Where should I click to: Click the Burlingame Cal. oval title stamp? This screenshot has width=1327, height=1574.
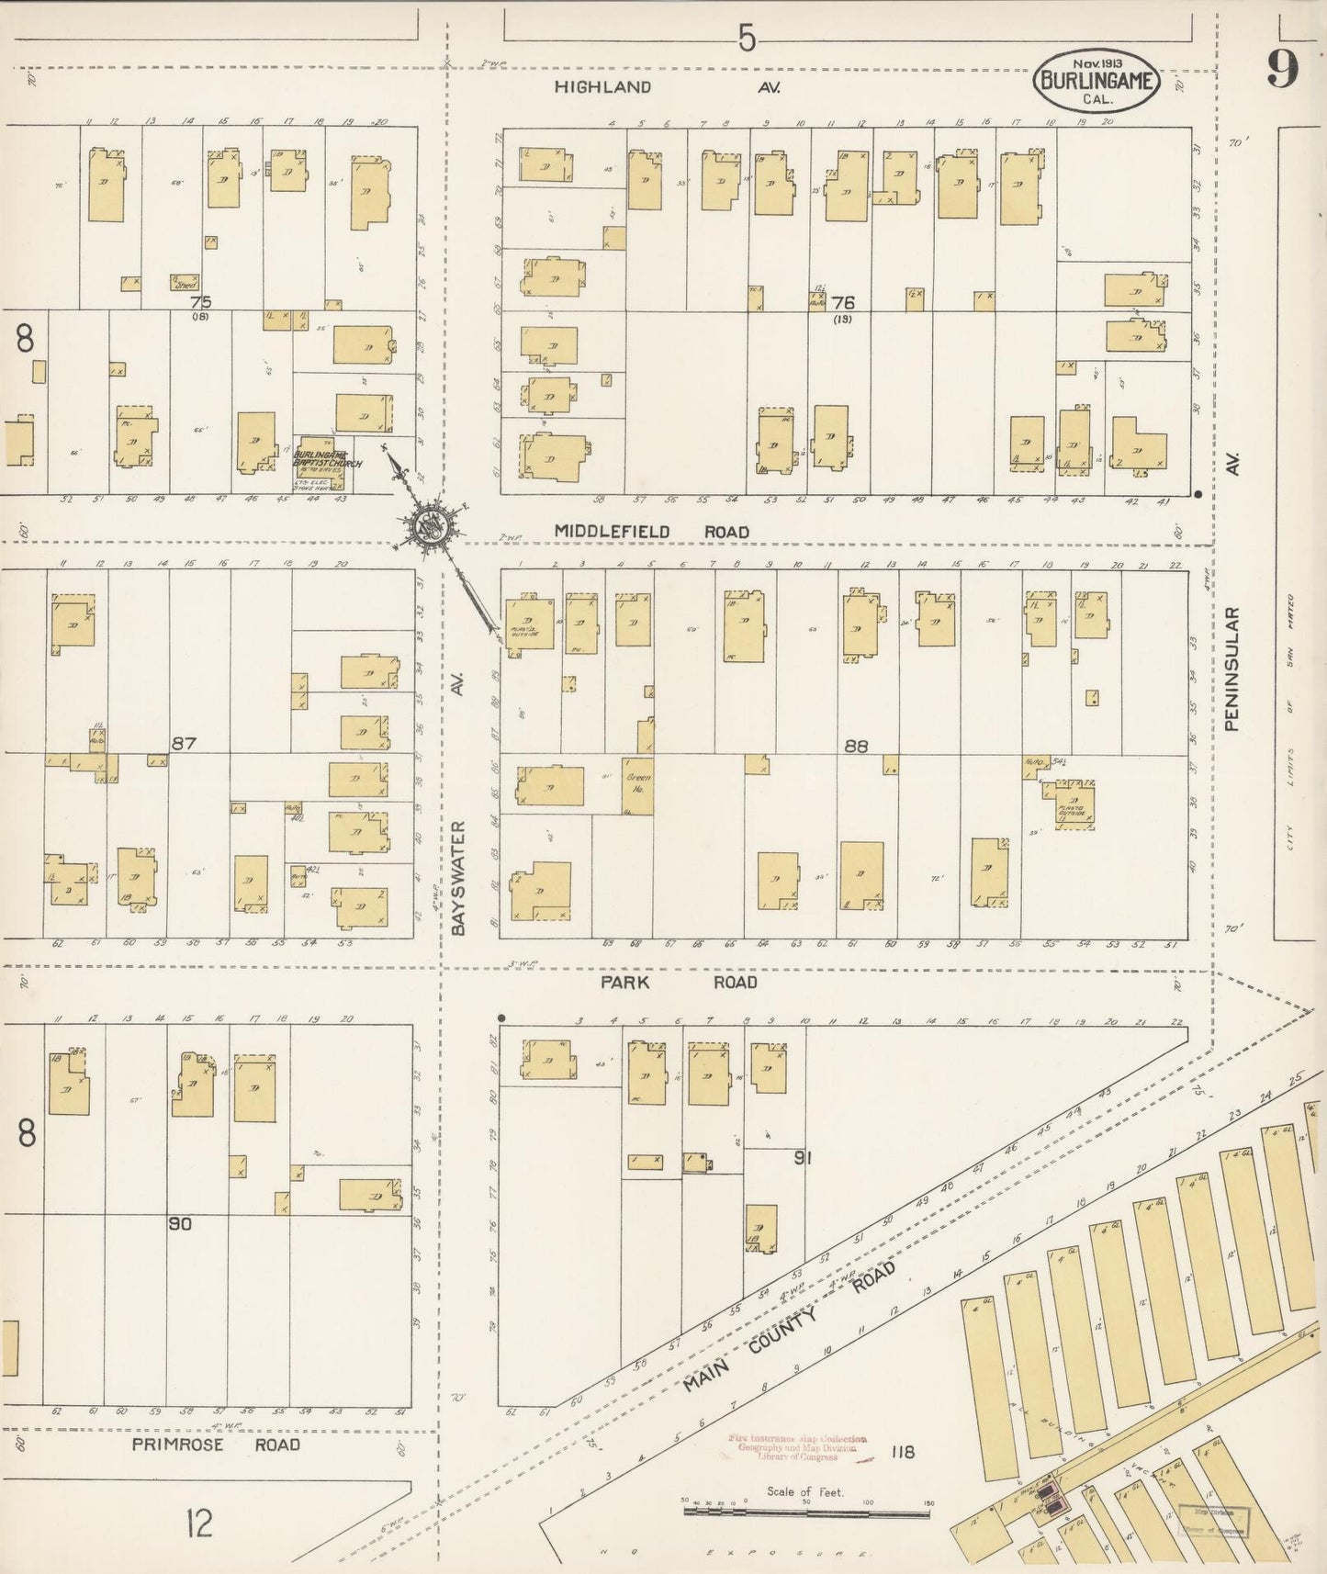point(1097,81)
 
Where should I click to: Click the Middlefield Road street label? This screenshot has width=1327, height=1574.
point(650,532)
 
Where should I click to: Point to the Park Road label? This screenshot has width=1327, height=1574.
point(679,982)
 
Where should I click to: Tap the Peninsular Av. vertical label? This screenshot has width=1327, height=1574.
point(1231,643)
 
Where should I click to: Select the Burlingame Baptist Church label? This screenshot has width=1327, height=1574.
point(327,458)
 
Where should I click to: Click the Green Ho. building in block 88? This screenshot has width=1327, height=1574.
point(637,786)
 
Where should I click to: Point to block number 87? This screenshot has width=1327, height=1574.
point(184,743)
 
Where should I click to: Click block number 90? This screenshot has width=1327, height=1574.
point(180,1223)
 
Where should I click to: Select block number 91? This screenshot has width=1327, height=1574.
point(804,1159)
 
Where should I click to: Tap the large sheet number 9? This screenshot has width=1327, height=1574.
point(1283,67)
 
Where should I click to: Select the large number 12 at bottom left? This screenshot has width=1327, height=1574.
point(197,1525)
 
